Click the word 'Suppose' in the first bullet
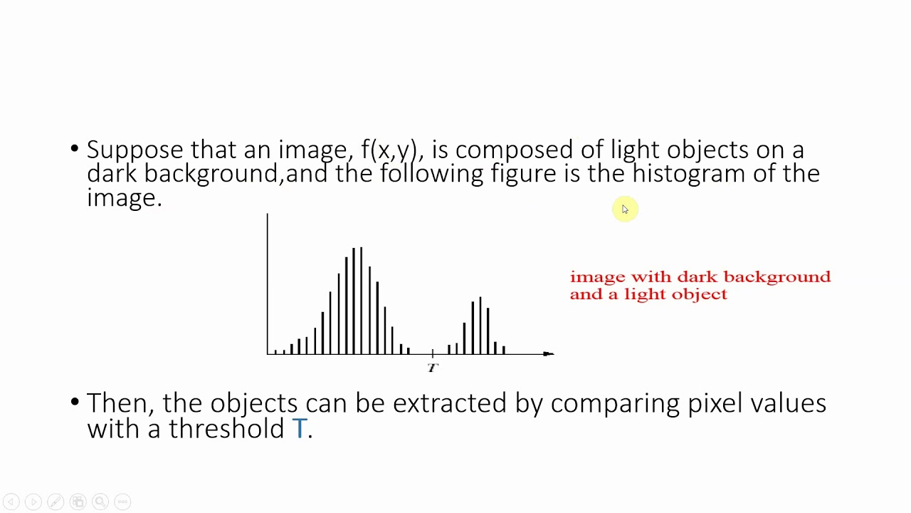pos(135,150)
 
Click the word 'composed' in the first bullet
pos(514,150)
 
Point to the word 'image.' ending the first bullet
pos(125,197)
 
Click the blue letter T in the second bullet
pos(299,428)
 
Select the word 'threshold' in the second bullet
pos(226,428)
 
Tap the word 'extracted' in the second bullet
pos(449,403)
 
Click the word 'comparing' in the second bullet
pos(616,403)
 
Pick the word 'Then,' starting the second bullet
pos(120,403)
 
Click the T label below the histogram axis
pos(433,368)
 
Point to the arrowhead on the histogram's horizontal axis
pos(548,353)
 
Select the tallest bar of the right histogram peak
pos(480,325)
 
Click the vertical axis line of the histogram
pos(268,285)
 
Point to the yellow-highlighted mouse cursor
pos(624,209)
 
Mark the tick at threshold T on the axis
pos(433,353)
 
